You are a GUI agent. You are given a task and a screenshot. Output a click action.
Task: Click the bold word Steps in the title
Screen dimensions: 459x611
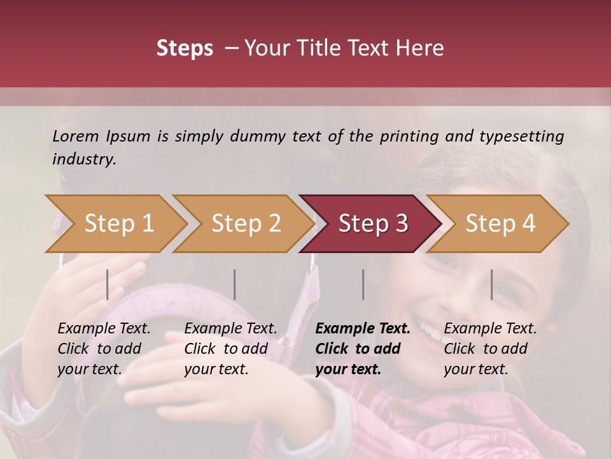[185, 48]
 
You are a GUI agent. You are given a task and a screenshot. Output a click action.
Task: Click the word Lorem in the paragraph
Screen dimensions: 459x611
[76, 136]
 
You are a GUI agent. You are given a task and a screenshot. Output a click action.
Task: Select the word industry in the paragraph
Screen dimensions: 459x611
[83, 159]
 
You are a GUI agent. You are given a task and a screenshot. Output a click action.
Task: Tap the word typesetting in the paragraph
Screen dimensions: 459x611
[521, 136]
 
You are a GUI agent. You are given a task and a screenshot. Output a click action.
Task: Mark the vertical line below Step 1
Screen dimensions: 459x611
[108, 284]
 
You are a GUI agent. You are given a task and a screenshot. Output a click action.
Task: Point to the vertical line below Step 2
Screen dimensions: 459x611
[235, 284]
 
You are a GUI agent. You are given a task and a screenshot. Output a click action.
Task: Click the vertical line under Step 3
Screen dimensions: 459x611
[363, 284]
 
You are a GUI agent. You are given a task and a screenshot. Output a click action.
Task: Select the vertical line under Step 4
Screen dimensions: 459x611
[491, 284]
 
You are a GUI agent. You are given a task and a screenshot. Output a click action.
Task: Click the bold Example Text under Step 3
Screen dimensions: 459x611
[363, 329]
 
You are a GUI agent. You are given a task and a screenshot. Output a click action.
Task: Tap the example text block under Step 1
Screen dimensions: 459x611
[104, 349]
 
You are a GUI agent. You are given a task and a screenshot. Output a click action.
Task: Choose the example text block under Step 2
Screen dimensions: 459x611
[230, 349]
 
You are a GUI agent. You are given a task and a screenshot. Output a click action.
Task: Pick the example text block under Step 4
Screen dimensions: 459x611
[490, 349]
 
